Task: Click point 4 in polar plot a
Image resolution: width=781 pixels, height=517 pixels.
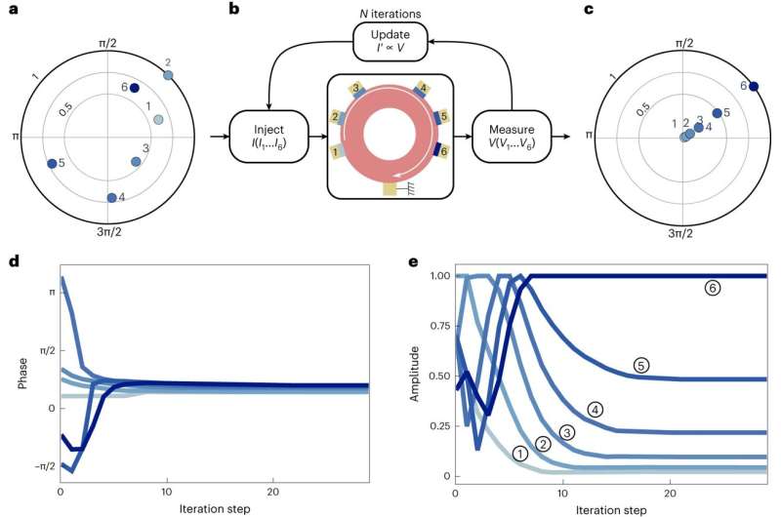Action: (x=111, y=198)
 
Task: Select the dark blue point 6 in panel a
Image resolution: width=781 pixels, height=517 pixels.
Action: (x=135, y=87)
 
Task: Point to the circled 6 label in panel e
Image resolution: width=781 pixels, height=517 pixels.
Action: (x=714, y=289)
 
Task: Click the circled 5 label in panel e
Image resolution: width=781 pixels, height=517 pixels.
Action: (x=640, y=366)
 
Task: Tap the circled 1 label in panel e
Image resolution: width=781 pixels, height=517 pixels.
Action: (x=520, y=452)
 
